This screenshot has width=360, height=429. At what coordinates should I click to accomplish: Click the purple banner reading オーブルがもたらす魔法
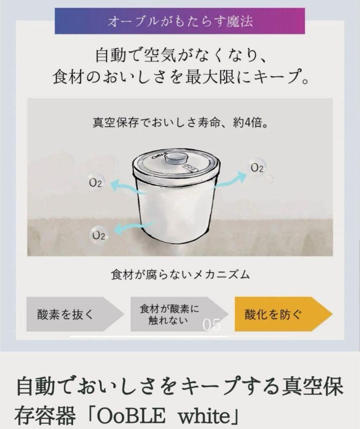[180, 21]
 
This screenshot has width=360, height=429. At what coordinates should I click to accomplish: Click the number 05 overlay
[211, 325]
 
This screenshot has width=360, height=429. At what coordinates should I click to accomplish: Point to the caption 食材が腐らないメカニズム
[180, 274]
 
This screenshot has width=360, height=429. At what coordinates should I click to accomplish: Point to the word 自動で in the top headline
[118, 54]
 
